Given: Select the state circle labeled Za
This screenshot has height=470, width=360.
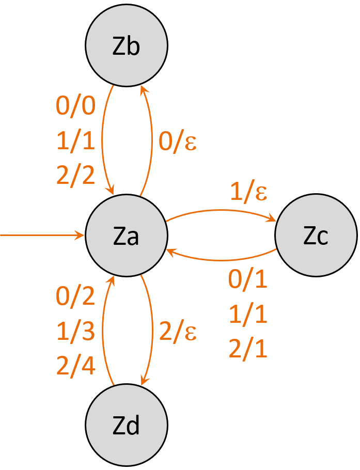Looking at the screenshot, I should point(127,236).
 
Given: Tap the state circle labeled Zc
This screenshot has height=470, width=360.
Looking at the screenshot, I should point(316,236).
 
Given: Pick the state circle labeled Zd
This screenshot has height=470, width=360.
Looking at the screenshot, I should point(127,426).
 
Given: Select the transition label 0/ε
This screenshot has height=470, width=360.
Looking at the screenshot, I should point(178,141).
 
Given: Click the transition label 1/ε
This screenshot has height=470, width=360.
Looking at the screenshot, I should point(249,192).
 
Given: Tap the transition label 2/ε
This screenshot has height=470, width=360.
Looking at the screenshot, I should point(178,332).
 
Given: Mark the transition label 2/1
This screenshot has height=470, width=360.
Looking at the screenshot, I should point(248,349).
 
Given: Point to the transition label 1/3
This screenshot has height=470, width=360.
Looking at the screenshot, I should point(75,332).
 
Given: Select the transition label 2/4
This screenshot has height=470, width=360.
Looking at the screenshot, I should point(75,367).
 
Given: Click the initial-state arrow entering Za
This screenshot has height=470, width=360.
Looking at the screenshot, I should point(41,236).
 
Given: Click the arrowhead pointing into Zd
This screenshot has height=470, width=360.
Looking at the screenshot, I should point(144,381).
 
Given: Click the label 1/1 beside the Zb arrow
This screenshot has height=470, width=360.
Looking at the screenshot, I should point(75,141).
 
